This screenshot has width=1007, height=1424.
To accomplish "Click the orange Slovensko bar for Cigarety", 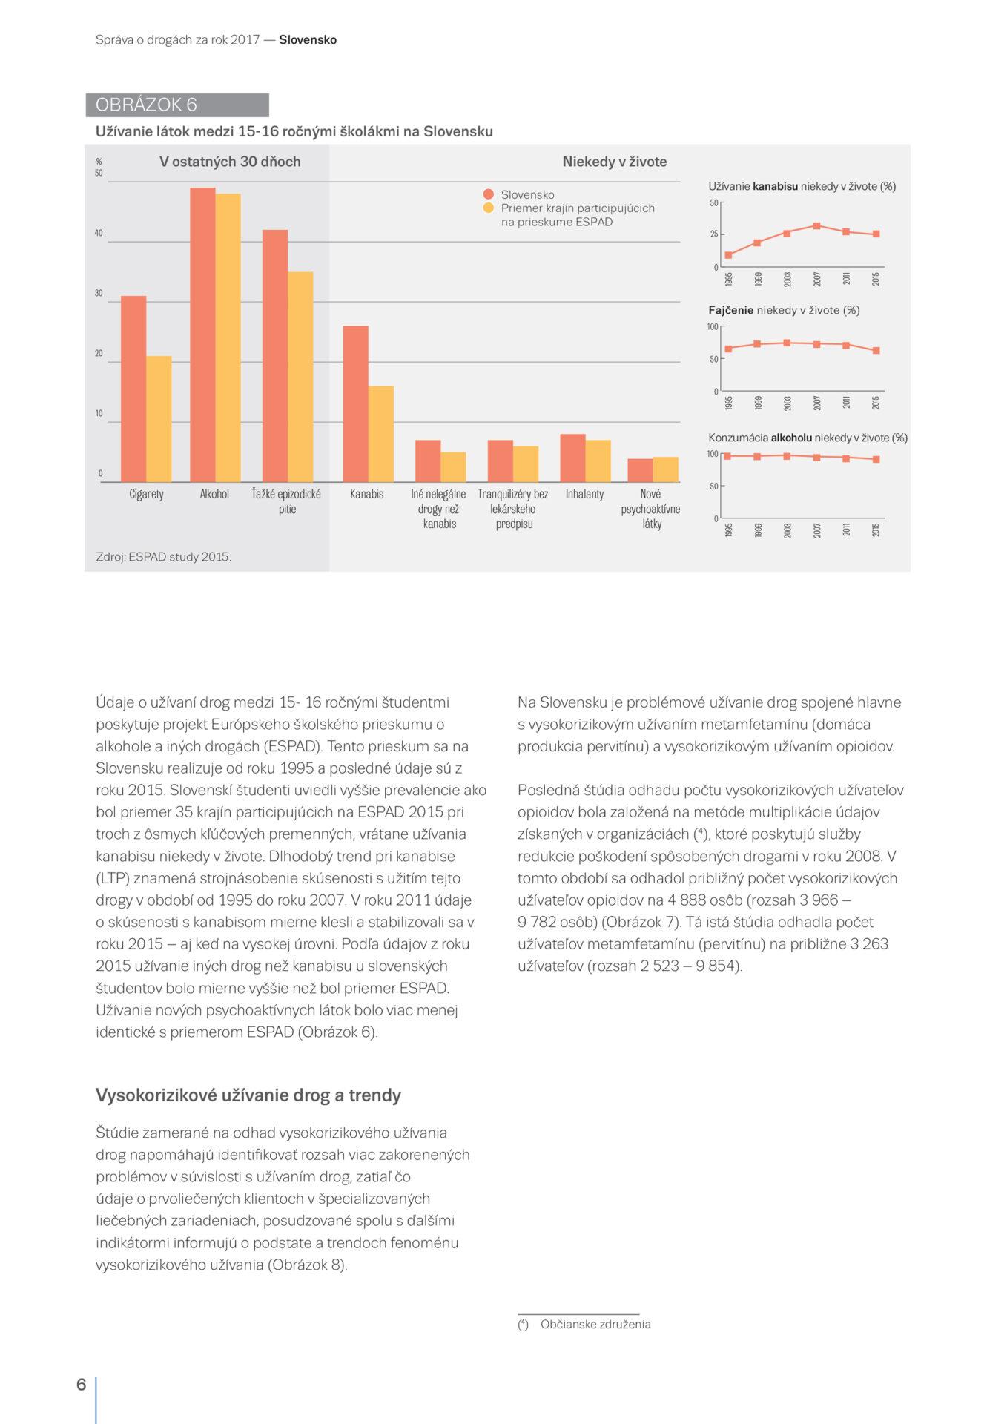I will coord(133,389).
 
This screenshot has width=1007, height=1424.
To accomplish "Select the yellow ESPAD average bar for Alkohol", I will coord(228,337).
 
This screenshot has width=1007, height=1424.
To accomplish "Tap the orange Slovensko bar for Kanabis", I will coord(355,403).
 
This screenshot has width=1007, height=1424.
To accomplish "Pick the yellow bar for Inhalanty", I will coord(598,461).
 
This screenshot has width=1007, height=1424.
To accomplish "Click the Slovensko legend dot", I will coord(488,194).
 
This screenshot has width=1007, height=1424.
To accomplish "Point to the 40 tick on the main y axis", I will coord(99,234).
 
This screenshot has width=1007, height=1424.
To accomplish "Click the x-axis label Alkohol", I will coord(214,494).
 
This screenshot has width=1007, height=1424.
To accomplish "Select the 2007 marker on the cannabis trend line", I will coord(816,225).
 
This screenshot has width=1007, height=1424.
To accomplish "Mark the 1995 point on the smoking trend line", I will coord(728,349).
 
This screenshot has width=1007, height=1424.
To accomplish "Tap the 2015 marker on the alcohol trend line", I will coord(876,459).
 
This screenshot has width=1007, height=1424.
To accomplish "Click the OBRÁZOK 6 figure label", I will coord(146,105).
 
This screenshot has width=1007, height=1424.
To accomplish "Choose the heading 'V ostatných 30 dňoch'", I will coord(230,162).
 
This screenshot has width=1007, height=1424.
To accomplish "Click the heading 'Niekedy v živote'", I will coord(614,162).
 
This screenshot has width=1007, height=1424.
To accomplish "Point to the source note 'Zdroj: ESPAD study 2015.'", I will coord(164,556).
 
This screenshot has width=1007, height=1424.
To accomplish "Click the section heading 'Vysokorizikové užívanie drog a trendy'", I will coord(248,1095).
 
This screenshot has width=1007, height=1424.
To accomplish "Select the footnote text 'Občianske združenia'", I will coord(595,1324).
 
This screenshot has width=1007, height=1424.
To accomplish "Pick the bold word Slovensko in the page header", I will coord(308,40).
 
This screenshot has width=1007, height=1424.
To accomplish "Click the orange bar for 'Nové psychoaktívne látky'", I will coord(639,470).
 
